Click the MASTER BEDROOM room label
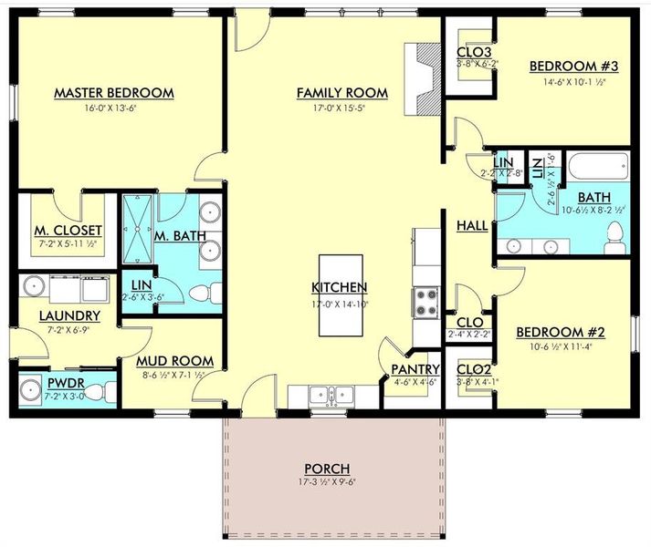[113, 93]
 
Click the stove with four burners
[426, 303]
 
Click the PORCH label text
[329, 469]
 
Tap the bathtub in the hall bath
[598, 167]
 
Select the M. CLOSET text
[68, 230]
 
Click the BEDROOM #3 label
[575, 66]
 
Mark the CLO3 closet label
[473, 52]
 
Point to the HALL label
[470, 224]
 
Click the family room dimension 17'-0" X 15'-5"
[341, 108]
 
